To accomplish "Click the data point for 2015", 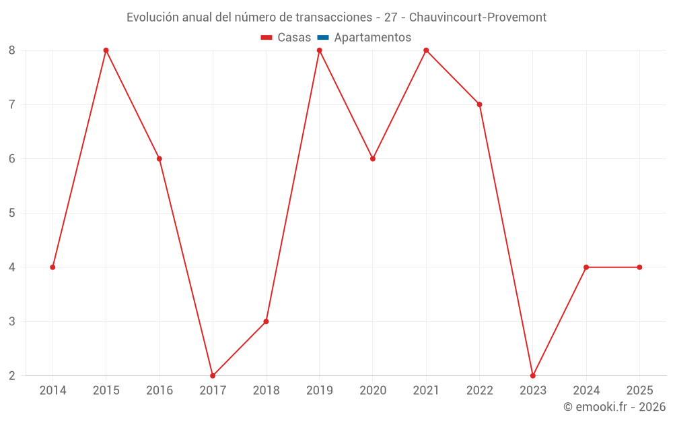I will point(106,51).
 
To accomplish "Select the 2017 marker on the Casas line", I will point(213,375).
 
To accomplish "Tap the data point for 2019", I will point(319,51).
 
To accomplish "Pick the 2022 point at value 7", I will point(479,104).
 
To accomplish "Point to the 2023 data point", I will point(532,375).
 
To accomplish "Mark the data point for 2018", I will point(266,321).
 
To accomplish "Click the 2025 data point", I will point(639,267).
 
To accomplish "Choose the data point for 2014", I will point(52,267).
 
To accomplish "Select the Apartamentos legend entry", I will point(372,38).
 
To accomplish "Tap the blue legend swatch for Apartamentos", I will point(323,38).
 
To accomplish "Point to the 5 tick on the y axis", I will point(12,213).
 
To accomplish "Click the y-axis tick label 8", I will point(12,51).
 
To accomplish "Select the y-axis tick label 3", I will point(12,321).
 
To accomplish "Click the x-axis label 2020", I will point(373,390).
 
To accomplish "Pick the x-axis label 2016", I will point(160,390).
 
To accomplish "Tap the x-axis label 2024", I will point(586,390).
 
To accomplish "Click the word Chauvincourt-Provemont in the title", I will point(478,18).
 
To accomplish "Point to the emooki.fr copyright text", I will point(614,407).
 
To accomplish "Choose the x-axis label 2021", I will point(426,390).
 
